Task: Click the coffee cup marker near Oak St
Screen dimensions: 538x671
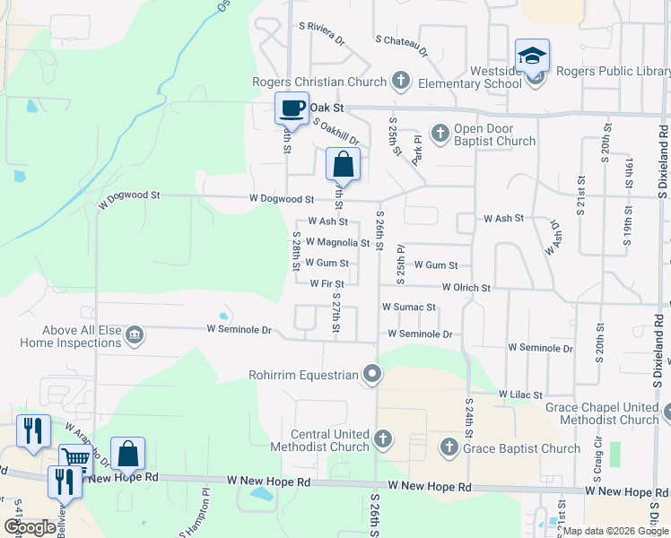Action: [x=292, y=108]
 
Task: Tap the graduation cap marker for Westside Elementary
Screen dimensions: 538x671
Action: [x=532, y=56]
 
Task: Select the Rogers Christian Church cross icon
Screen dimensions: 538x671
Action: [x=401, y=82]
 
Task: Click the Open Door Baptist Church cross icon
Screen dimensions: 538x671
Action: [x=440, y=134]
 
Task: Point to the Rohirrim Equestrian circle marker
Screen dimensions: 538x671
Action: [x=372, y=375]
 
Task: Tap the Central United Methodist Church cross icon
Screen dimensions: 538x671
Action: [x=383, y=439]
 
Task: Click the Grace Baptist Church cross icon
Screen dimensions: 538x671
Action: [x=449, y=446]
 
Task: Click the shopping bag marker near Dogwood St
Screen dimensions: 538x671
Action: [x=343, y=165]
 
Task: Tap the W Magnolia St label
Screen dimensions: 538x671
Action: [x=337, y=242]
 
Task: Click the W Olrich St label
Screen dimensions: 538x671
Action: [x=466, y=288]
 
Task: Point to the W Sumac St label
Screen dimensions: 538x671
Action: [x=408, y=307]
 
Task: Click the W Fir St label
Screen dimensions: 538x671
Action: [x=327, y=284]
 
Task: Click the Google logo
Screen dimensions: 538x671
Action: [x=30, y=527]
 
